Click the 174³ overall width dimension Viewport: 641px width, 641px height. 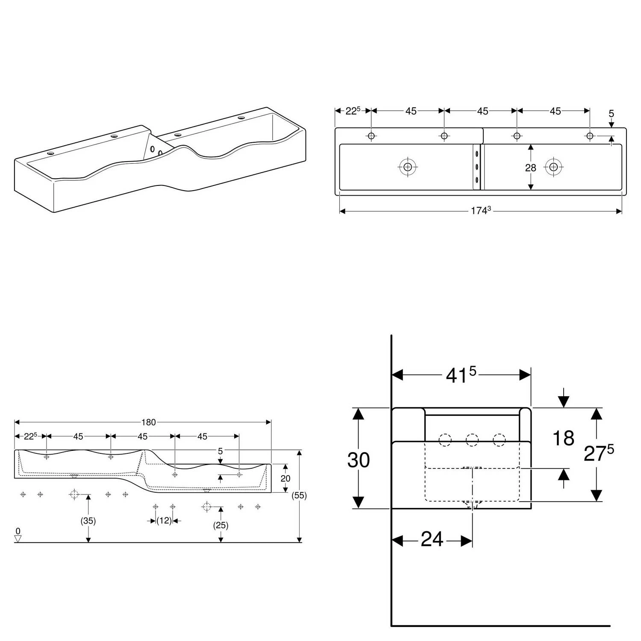pos(480,211)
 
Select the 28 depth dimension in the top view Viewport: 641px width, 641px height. pos(530,168)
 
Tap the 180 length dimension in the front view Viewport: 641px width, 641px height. pos(148,422)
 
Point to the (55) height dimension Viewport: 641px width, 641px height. pos(299,496)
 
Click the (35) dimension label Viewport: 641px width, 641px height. pos(88,521)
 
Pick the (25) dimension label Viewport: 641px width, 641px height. pos(221,525)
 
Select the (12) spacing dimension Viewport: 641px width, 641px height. pos(164,520)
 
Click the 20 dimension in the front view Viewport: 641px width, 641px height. pos(285,479)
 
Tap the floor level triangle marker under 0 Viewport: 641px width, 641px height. pos(18,539)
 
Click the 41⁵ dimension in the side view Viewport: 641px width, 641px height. pos(461,375)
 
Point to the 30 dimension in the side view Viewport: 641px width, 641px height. pos(358,460)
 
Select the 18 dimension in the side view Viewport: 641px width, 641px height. pos(563,438)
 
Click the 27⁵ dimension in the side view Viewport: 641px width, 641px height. pos(598,453)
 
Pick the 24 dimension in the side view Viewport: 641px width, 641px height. pos(432,540)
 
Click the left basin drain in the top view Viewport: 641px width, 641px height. pos(408,167)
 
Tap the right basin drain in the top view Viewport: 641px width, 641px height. pos(554,167)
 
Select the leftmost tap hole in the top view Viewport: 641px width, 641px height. pos(371,136)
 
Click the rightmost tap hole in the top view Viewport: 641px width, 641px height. pos(590,136)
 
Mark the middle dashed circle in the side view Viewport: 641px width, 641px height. pos(472,440)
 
